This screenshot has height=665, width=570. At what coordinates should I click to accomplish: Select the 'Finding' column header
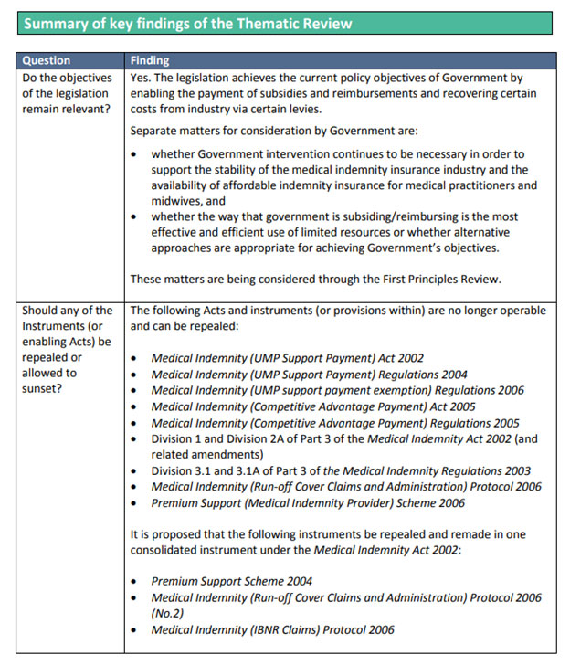coord(150,60)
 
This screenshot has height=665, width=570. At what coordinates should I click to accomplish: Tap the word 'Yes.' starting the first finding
coord(142,79)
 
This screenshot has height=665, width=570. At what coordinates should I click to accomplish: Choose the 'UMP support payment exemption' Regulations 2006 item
coord(337,390)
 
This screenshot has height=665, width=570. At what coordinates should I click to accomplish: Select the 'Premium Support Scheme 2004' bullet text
coord(231,581)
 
